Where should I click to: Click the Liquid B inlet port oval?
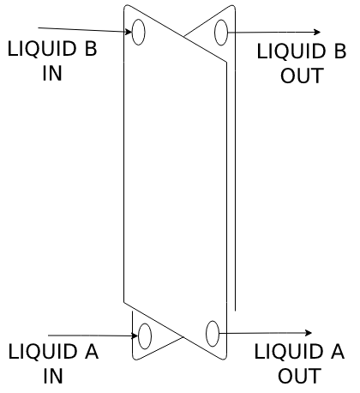139,32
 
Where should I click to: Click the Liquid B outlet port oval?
221,32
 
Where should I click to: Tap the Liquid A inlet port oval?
145,336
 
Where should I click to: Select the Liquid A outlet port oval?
213,334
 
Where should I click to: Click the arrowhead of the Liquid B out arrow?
317,32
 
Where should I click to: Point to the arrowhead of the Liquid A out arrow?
309,333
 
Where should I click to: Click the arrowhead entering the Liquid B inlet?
129,32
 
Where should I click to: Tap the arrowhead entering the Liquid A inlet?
135,336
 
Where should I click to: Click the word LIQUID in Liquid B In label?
42,49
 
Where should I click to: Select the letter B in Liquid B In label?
91,48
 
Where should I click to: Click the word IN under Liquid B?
52,73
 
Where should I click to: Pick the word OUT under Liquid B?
302,76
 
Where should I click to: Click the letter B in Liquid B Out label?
340,51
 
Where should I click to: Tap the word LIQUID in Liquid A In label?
43,352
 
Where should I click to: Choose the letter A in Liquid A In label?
92,351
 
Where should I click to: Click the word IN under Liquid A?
53,376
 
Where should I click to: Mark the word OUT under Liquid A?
300,376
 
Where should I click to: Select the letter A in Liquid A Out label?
338,351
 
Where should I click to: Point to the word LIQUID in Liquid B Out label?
291,51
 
